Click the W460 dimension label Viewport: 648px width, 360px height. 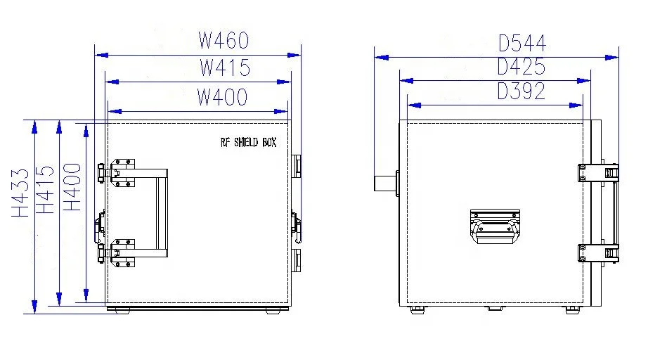[x=223, y=41]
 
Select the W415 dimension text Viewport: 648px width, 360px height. [x=224, y=68]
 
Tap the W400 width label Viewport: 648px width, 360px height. [x=222, y=97]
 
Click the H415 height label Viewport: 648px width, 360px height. [x=45, y=190]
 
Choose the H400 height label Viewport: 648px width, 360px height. [x=72, y=187]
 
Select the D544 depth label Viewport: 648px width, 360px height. [x=522, y=44]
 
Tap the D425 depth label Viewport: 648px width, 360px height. [x=521, y=67]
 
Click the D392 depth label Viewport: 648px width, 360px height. [x=521, y=91]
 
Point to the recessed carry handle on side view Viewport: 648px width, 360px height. [x=495, y=225]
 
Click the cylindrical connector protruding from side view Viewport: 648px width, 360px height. [x=384, y=182]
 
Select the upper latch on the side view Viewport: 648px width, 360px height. [x=598, y=172]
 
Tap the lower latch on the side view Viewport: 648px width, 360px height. [x=598, y=253]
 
